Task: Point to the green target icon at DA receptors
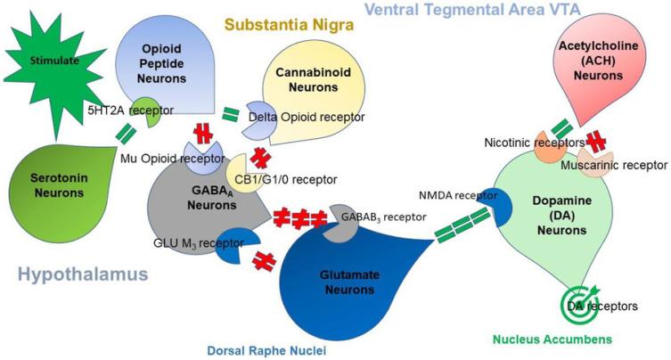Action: [579, 307]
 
